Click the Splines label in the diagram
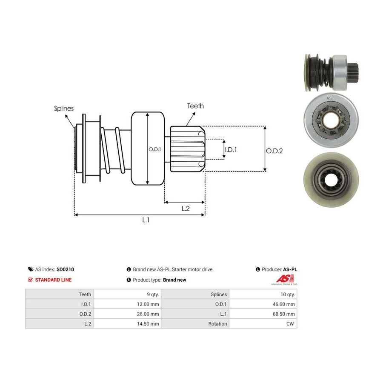[x=64, y=109]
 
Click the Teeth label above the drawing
[x=195, y=106]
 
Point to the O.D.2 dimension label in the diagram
[x=274, y=151]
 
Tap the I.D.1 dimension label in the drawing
[x=231, y=149]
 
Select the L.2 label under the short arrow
[x=186, y=209]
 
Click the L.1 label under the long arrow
[x=146, y=220]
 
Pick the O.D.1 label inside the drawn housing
[x=155, y=149]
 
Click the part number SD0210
[x=65, y=269]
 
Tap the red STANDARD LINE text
[x=53, y=280]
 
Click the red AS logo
[x=285, y=278]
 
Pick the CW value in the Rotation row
[x=290, y=324]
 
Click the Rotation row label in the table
[x=217, y=324]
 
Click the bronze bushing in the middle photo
[x=332, y=120]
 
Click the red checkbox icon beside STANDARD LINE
[x=30, y=280]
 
